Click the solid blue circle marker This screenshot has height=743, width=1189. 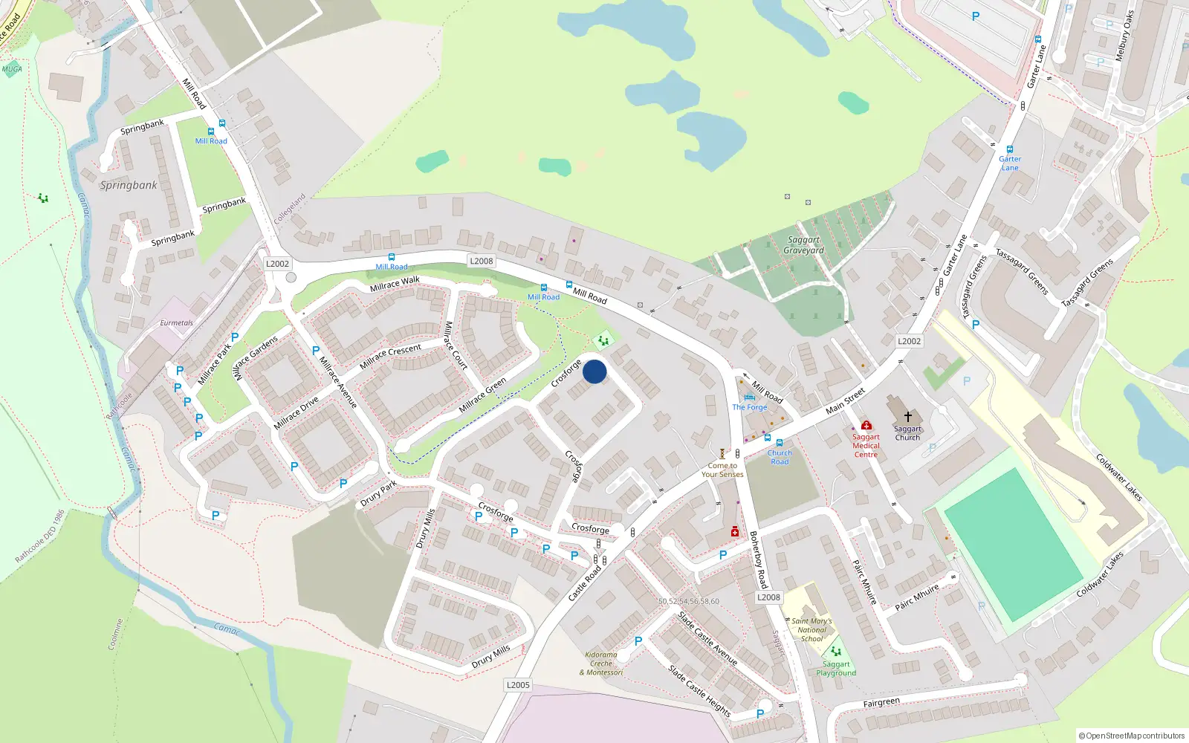pyautogui.click(x=594, y=371)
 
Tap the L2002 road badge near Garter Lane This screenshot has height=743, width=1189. pyautogui.click(x=909, y=341)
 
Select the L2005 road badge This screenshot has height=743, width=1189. pyautogui.click(x=518, y=685)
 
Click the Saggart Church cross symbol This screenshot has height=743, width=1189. pyautogui.click(x=907, y=417)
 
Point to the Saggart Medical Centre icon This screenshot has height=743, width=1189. pyautogui.click(x=866, y=425)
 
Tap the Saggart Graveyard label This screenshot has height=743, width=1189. pyautogui.click(x=803, y=245)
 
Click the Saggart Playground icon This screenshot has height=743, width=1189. pyautogui.click(x=836, y=652)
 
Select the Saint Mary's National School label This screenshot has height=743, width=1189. pyautogui.click(x=811, y=630)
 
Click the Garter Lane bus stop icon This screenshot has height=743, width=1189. pyautogui.click(x=1009, y=149)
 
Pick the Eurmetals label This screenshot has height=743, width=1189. pyautogui.click(x=176, y=323)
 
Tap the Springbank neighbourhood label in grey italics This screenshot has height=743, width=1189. pyautogui.click(x=129, y=185)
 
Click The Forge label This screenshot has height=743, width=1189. pyautogui.click(x=749, y=407)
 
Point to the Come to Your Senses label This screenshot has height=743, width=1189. pyautogui.click(x=722, y=470)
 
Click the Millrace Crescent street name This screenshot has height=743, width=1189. pyautogui.click(x=390, y=356)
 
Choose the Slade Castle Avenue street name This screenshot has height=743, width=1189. pyautogui.click(x=707, y=638)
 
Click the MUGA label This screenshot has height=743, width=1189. pyautogui.click(x=12, y=69)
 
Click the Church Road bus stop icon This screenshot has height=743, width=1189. pyautogui.click(x=780, y=443)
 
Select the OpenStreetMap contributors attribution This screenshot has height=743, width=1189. pyautogui.click(x=1131, y=736)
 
